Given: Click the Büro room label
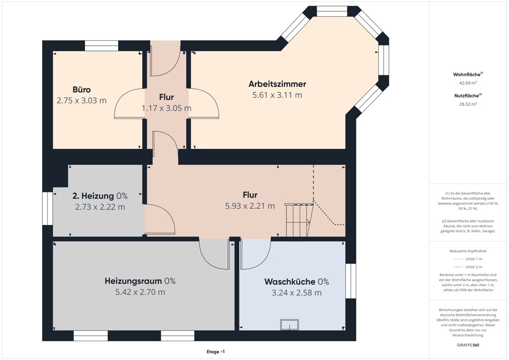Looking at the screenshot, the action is pos(81,90).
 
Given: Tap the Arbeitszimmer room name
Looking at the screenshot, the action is pos(277,84).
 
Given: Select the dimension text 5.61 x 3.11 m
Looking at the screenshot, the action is pos(277,95).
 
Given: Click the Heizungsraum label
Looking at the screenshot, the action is pos(133,281).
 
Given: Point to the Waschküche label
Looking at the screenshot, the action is pos(290,282).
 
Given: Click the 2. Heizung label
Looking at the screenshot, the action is pos(93,196).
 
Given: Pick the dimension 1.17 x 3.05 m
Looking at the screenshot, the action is pos(166,108).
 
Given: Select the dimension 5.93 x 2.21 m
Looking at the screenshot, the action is pos(250,206).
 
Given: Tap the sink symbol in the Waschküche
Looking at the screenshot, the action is pos(290,325).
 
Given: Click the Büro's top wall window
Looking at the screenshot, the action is pos(101,46).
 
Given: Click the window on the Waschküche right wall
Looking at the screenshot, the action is pos(351,281).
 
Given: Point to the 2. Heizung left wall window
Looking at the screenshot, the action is pos(48,208).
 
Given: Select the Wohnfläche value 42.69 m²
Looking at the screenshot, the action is pos(468,83).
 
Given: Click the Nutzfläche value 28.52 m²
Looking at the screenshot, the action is pos(468,104).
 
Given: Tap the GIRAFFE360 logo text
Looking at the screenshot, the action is pos(467,345).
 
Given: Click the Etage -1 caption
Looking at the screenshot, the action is pos(215,352).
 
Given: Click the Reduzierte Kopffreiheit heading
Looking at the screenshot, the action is pos(468,251).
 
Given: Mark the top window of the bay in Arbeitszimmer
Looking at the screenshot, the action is pos(332,12).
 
